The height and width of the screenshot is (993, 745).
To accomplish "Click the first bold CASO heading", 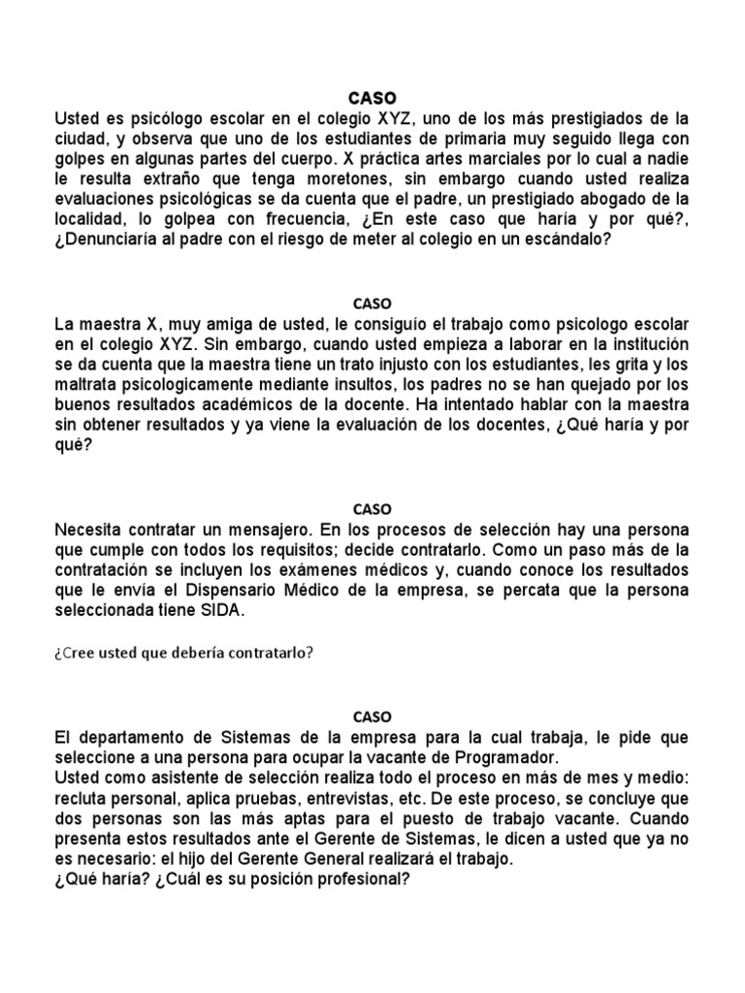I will click(x=372, y=97).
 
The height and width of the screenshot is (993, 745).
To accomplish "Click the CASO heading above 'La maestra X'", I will click(x=372, y=303).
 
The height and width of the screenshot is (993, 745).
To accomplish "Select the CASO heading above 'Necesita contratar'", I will click(x=372, y=508).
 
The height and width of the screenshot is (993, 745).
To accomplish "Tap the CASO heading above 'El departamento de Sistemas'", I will click(x=372, y=717).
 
